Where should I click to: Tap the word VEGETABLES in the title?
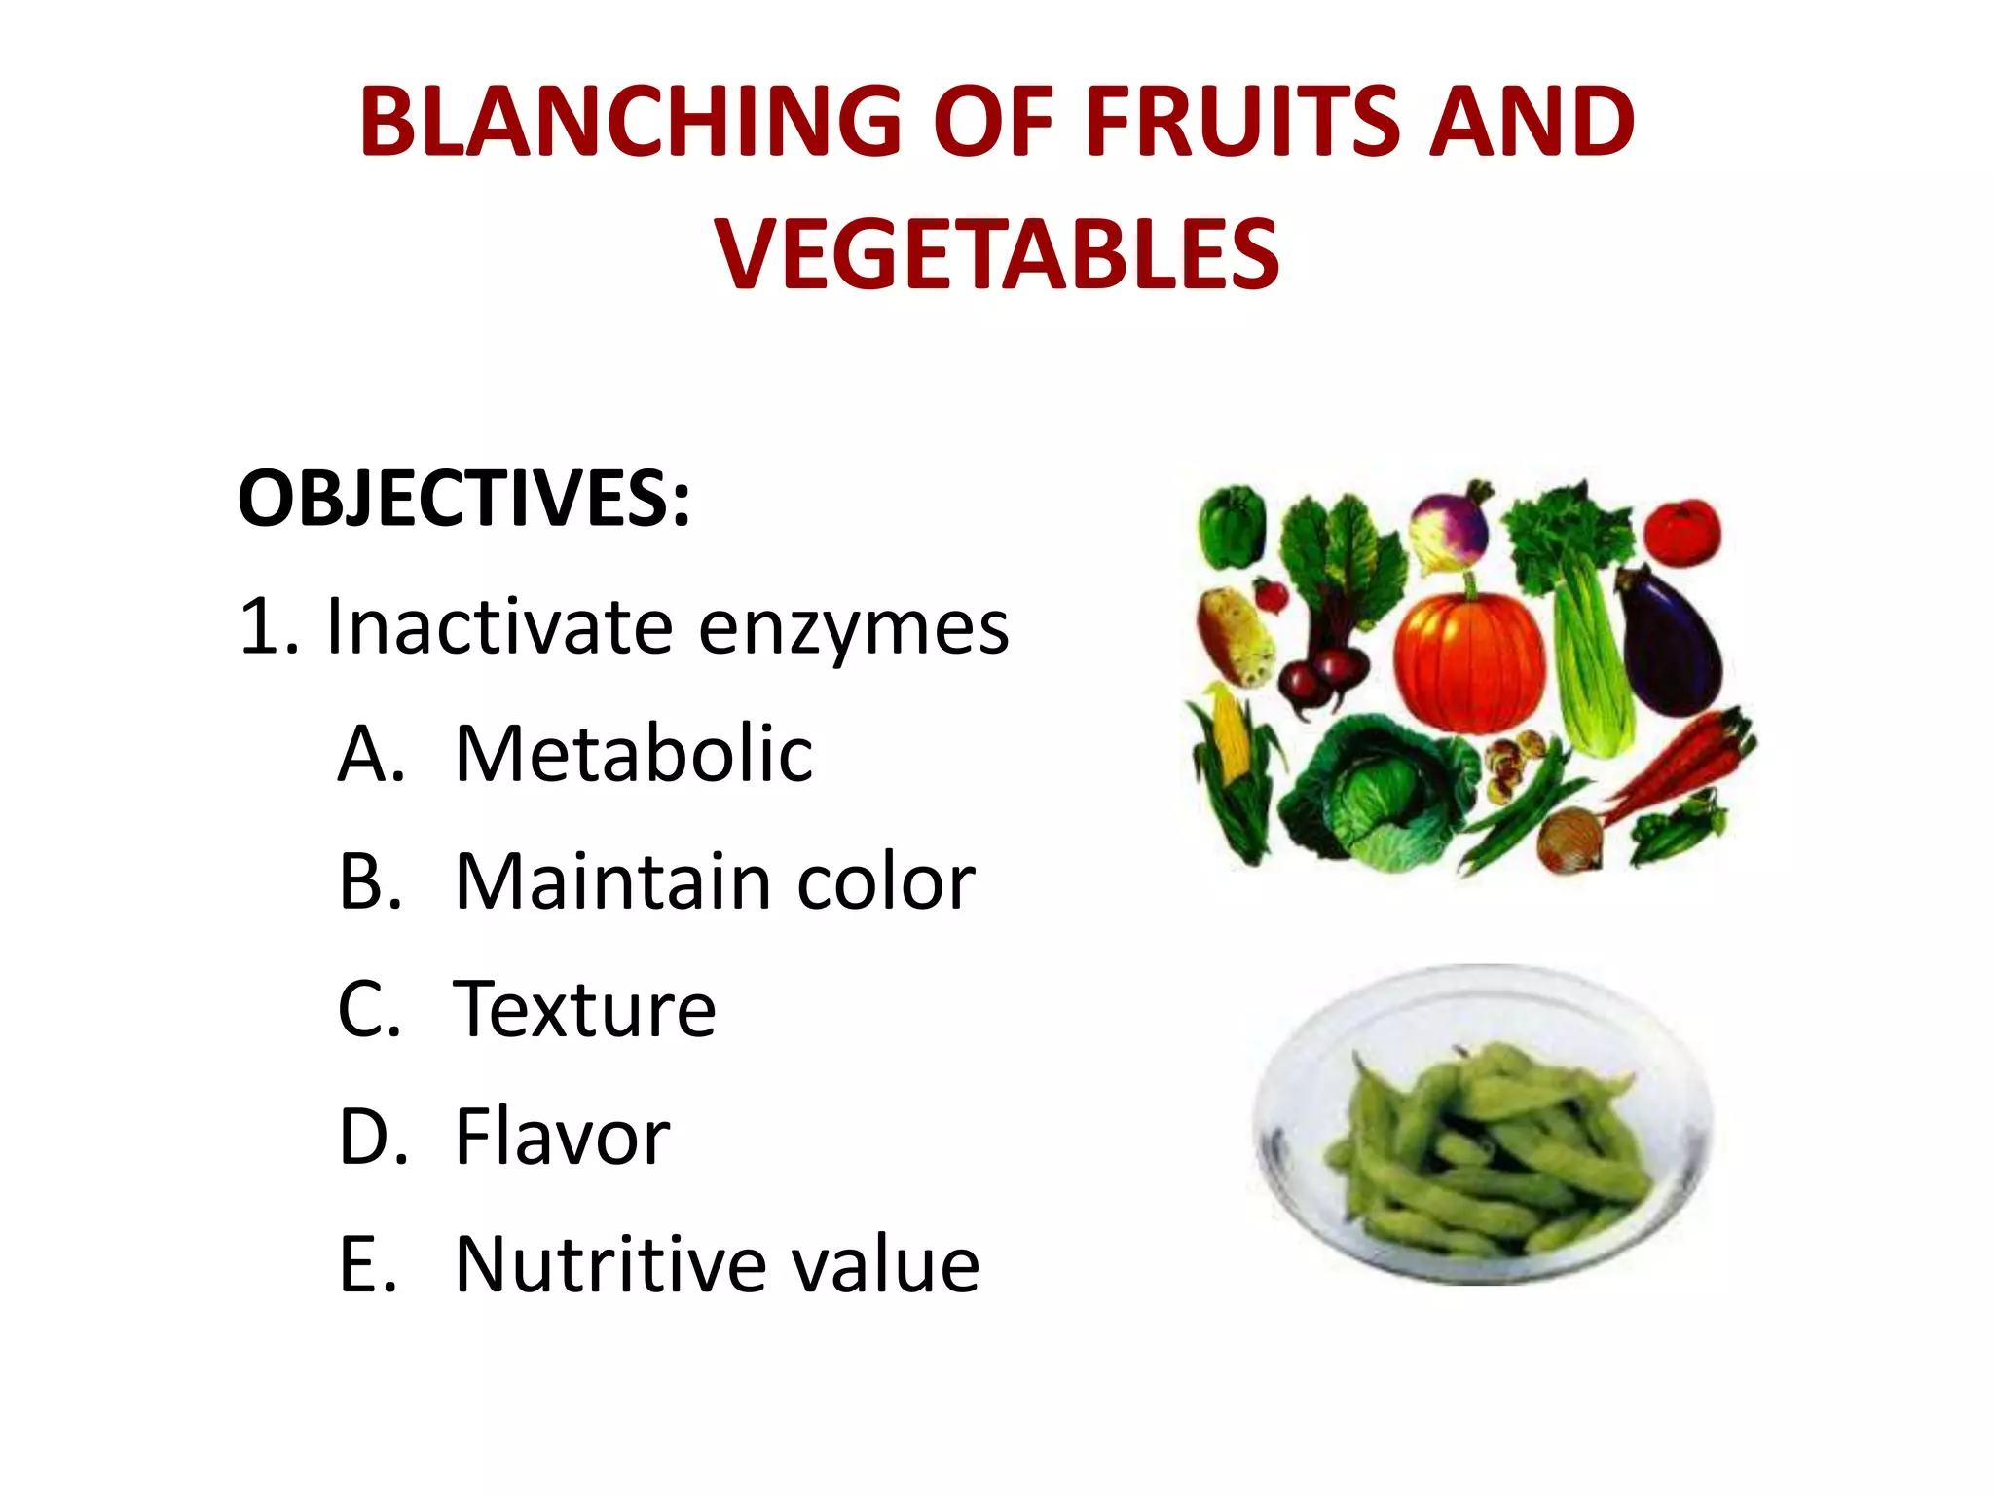tap(997, 254)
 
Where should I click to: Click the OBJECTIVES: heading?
tap(463, 499)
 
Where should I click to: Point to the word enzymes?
tap(853, 627)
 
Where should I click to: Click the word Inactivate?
tap(499, 625)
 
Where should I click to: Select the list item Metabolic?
tap(633, 754)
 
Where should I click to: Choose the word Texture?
tap(584, 1009)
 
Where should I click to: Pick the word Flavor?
tap(563, 1137)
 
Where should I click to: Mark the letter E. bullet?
tap(368, 1264)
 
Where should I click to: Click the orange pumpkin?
tap(1468, 662)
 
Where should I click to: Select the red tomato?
tap(1681, 532)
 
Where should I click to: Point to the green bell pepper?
tap(1232, 526)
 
